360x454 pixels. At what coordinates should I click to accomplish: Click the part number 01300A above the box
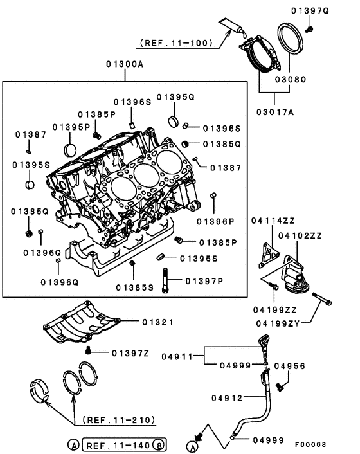[125, 64]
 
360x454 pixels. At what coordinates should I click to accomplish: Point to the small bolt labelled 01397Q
[309, 28]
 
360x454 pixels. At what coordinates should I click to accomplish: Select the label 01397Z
[130, 352]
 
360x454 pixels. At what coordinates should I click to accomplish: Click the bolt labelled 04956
[280, 387]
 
